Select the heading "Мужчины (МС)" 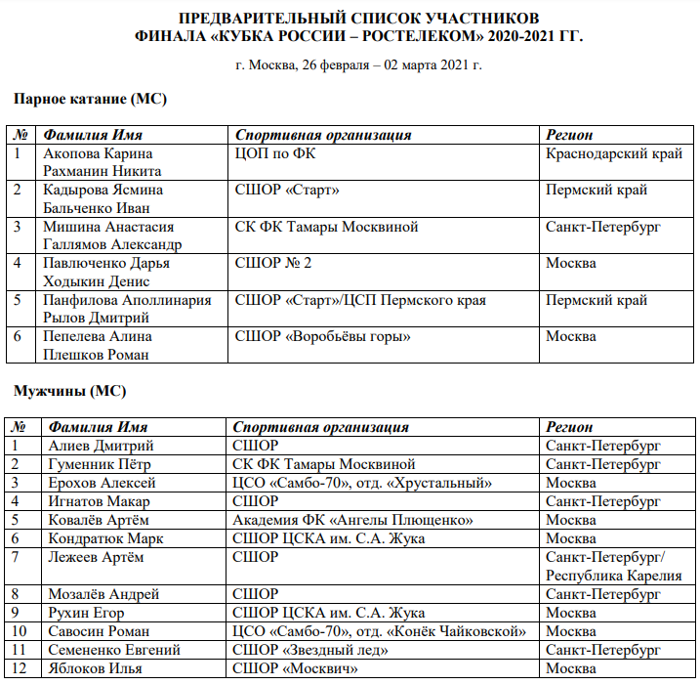pyautogui.click(x=69, y=392)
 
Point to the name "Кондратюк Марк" pyautogui.click(x=105, y=538)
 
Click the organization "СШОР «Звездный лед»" pyautogui.click(x=307, y=650)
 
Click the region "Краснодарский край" pyautogui.click(x=615, y=153)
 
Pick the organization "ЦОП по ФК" pyautogui.click(x=276, y=153)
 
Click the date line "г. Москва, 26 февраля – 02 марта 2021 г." pyautogui.click(x=358, y=65)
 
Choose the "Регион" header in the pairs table pyautogui.click(x=570, y=135)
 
